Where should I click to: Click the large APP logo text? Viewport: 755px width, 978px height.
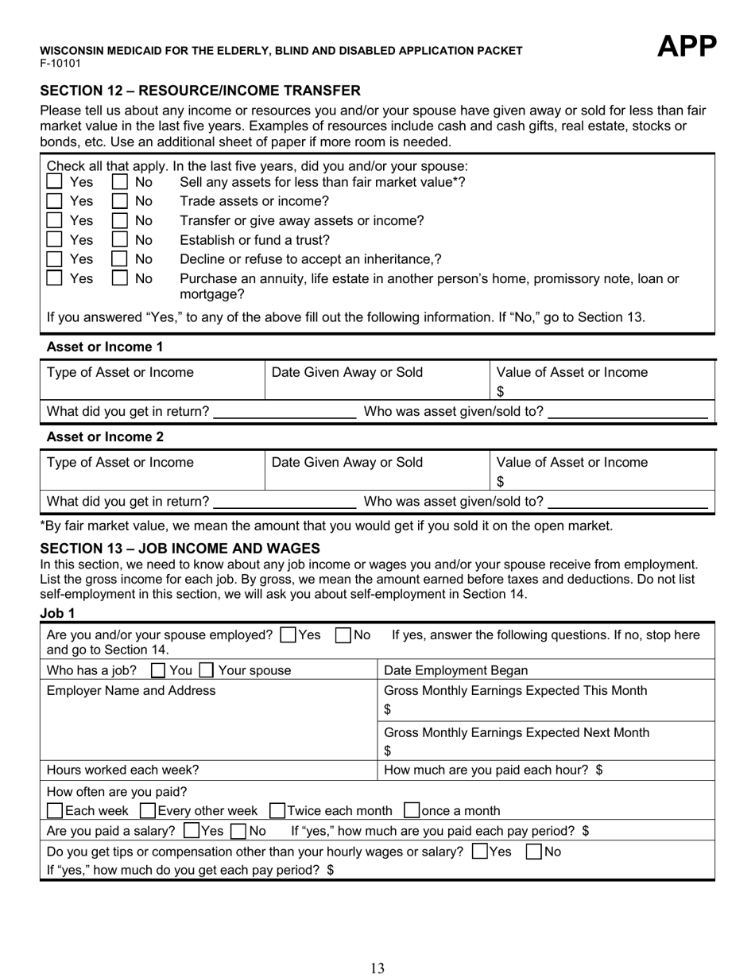687,48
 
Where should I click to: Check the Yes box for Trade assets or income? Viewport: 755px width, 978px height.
54,201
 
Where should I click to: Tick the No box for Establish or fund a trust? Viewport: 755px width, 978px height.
119,239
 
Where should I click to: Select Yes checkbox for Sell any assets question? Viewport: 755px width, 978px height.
54,182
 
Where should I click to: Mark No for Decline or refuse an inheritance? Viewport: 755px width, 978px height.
119,258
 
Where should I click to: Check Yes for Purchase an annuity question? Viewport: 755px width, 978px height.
54,278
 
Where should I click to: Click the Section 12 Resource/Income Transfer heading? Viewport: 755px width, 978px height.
200,91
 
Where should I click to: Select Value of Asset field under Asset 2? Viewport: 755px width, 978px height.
602,471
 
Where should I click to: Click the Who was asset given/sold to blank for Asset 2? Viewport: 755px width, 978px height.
628,502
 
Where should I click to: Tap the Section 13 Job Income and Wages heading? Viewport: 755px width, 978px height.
180,549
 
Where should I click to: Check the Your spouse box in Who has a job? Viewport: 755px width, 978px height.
206,670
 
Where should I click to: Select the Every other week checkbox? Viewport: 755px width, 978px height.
147,811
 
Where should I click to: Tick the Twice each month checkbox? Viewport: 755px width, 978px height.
277,811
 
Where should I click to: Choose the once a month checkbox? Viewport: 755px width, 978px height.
411,811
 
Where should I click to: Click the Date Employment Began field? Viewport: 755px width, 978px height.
544,670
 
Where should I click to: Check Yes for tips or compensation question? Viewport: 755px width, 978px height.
479,852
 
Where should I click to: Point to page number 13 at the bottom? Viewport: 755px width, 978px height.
377,968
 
